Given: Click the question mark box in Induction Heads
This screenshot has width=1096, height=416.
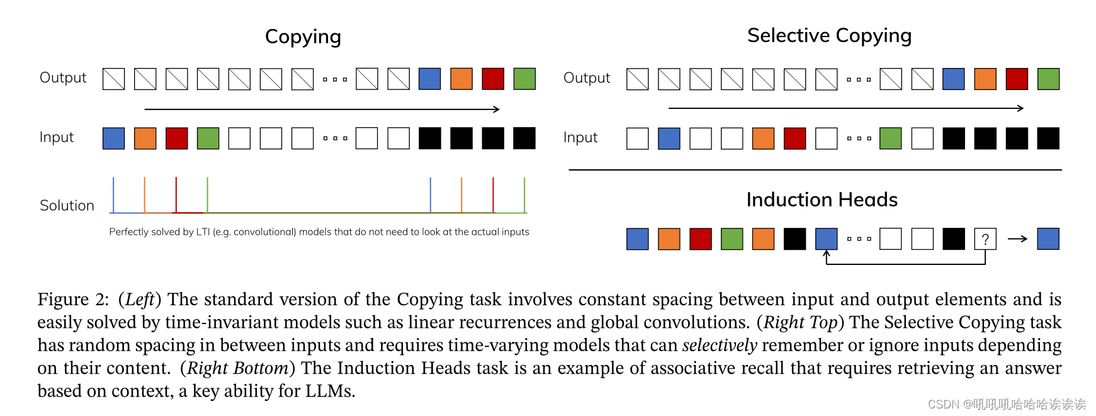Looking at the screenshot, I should tap(985, 239).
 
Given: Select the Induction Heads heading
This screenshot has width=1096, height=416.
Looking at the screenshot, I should tap(822, 200).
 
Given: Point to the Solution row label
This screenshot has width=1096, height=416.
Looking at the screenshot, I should tap(67, 206).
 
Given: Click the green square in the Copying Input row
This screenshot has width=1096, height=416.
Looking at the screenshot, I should tap(208, 138).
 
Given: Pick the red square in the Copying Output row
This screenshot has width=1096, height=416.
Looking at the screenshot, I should tap(493, 79).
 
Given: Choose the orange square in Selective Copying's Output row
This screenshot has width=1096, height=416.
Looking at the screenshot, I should tap(985, 79).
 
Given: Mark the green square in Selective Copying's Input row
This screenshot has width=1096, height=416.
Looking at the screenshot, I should tap(890, 138).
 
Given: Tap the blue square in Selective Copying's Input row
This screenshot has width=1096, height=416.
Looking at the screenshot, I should tap(669, 138).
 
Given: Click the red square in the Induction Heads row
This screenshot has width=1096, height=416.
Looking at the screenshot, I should tap(701, 239).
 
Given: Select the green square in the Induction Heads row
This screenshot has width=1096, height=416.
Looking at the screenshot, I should tap(732, 239).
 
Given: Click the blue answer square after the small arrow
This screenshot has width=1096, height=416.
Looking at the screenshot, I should tap(1048, 239).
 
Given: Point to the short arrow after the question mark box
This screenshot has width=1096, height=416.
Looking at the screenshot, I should tap(1017, 239).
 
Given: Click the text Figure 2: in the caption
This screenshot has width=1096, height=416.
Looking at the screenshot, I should tap(73, 300).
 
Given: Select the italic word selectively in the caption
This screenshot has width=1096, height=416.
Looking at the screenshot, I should tap(720, 346).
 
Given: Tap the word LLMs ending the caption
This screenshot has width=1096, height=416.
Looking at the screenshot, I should tap(330, 391).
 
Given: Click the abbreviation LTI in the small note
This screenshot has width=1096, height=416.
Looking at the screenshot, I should tap(203, 232).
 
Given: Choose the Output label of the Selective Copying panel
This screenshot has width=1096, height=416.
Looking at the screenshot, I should tap(587, 78).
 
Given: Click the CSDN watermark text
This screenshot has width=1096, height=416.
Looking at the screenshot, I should tap(943, 404).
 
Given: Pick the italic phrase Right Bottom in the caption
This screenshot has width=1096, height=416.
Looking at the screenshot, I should tap(237, 368).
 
